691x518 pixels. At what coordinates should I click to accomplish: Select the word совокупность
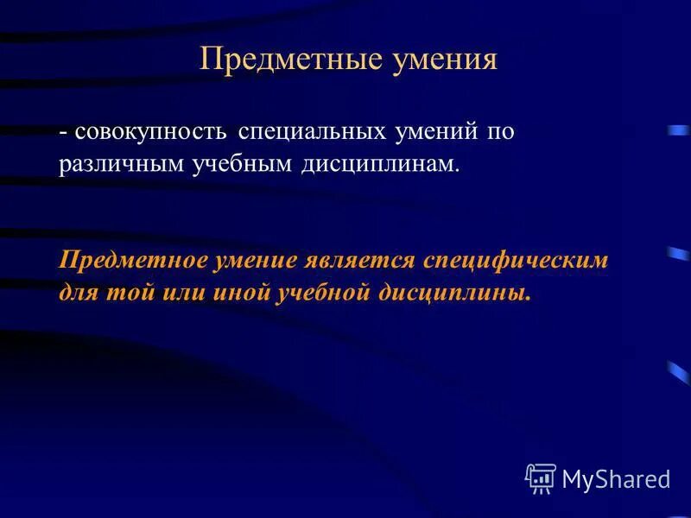(x=151, y=131)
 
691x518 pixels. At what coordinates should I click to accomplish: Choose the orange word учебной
(x=323, y=293)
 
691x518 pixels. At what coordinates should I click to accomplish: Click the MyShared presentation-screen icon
(x=540, y=477)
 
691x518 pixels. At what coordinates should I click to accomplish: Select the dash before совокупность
(x=64, y=133)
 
